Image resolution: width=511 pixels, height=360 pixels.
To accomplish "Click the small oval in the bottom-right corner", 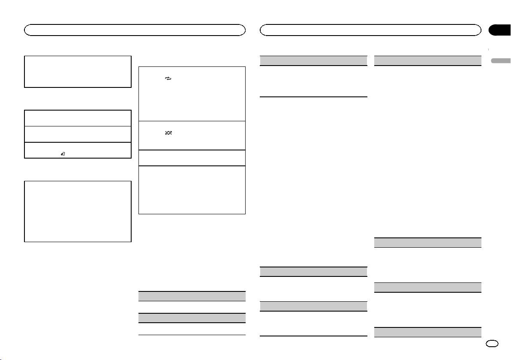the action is [493, 344].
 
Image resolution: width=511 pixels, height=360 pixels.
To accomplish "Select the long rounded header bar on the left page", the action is [135, 30].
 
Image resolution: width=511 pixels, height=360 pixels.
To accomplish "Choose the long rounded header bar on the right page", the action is [371, 30].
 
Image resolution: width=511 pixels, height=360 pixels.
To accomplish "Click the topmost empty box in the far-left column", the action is [78, 72].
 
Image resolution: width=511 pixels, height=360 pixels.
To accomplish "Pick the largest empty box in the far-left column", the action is [78, 211].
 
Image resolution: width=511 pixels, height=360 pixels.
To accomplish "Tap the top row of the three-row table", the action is [78, 118].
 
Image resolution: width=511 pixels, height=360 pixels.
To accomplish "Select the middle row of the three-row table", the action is [78, 134].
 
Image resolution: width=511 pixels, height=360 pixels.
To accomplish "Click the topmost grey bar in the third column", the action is [314, 60].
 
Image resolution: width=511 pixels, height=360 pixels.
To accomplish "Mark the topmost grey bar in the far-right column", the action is [427, 60].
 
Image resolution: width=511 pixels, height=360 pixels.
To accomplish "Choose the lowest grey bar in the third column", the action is [314, 306].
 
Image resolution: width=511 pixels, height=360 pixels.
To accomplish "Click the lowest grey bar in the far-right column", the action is [427, 332].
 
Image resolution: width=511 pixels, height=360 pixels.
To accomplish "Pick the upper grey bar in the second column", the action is [192, 296].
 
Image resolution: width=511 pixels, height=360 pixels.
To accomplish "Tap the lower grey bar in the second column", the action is [192, 318].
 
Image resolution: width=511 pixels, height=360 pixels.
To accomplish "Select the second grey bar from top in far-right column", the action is [427, 243].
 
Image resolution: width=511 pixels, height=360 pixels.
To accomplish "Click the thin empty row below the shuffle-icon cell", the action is [192, 158].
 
